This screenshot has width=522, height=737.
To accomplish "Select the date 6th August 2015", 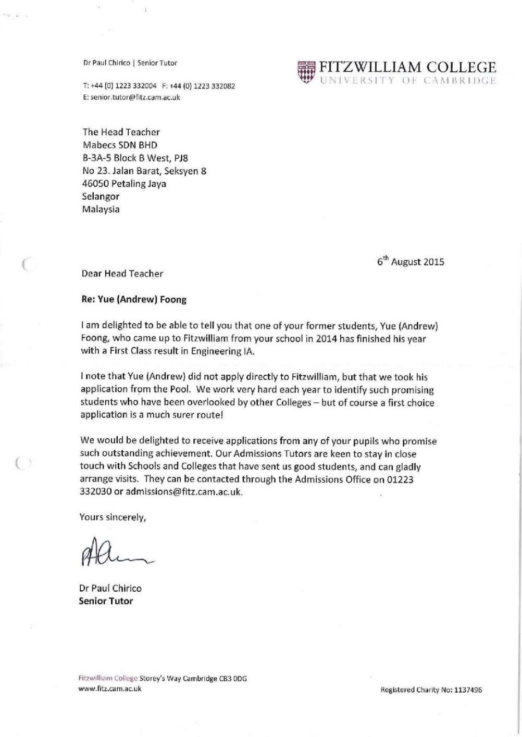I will [411, 262].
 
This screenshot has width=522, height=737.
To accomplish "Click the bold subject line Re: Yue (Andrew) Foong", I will [133, 299].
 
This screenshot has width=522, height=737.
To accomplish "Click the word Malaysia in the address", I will [101, 209].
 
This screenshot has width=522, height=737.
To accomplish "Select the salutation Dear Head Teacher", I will [122, 274].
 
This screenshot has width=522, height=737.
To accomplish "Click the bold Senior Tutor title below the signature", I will [106, 601].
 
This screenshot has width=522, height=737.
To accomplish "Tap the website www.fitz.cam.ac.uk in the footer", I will [109, 689].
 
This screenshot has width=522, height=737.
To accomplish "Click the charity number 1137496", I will [468, 690].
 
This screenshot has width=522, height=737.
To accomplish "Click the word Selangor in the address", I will [101, 197].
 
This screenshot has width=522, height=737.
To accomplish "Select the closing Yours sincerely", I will [113, 517].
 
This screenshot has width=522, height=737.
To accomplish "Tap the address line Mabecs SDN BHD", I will [120, 145].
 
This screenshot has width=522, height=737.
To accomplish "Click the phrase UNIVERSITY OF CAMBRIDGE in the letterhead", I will [407, 81].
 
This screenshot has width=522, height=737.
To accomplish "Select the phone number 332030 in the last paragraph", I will [95, 492].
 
